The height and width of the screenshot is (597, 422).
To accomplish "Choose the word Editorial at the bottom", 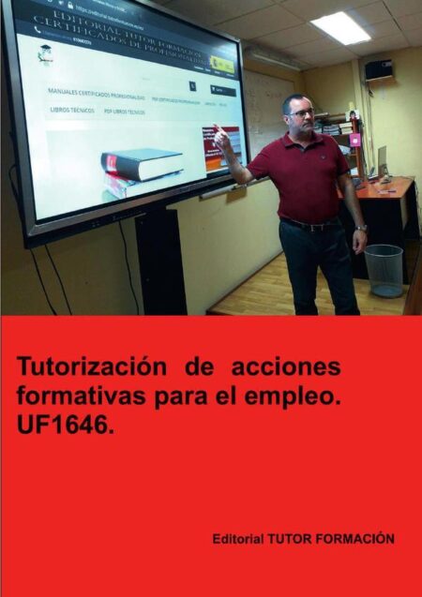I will click(x=238, y=539).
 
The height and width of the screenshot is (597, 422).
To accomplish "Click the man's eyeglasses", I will click(x=301, y=113).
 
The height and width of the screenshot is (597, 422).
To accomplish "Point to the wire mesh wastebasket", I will click(x=383, y=270).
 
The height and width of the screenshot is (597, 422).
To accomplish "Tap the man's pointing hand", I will click(x=221, y=137).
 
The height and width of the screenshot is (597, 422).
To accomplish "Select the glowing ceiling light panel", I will click(x=340, y=27).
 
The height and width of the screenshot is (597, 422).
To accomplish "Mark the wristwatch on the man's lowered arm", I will click(x=361, y=228).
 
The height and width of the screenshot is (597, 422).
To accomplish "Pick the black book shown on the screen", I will click(x=141, y=164).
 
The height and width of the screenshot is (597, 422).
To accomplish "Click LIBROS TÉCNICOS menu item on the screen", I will click(x=71, y=111).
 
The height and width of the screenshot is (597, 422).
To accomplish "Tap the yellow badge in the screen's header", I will click(x=222, y=65).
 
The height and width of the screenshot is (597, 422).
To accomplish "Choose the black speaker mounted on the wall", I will click(x=378, y=69).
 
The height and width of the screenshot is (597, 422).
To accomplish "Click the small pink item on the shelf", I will click(x=355, y=140).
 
